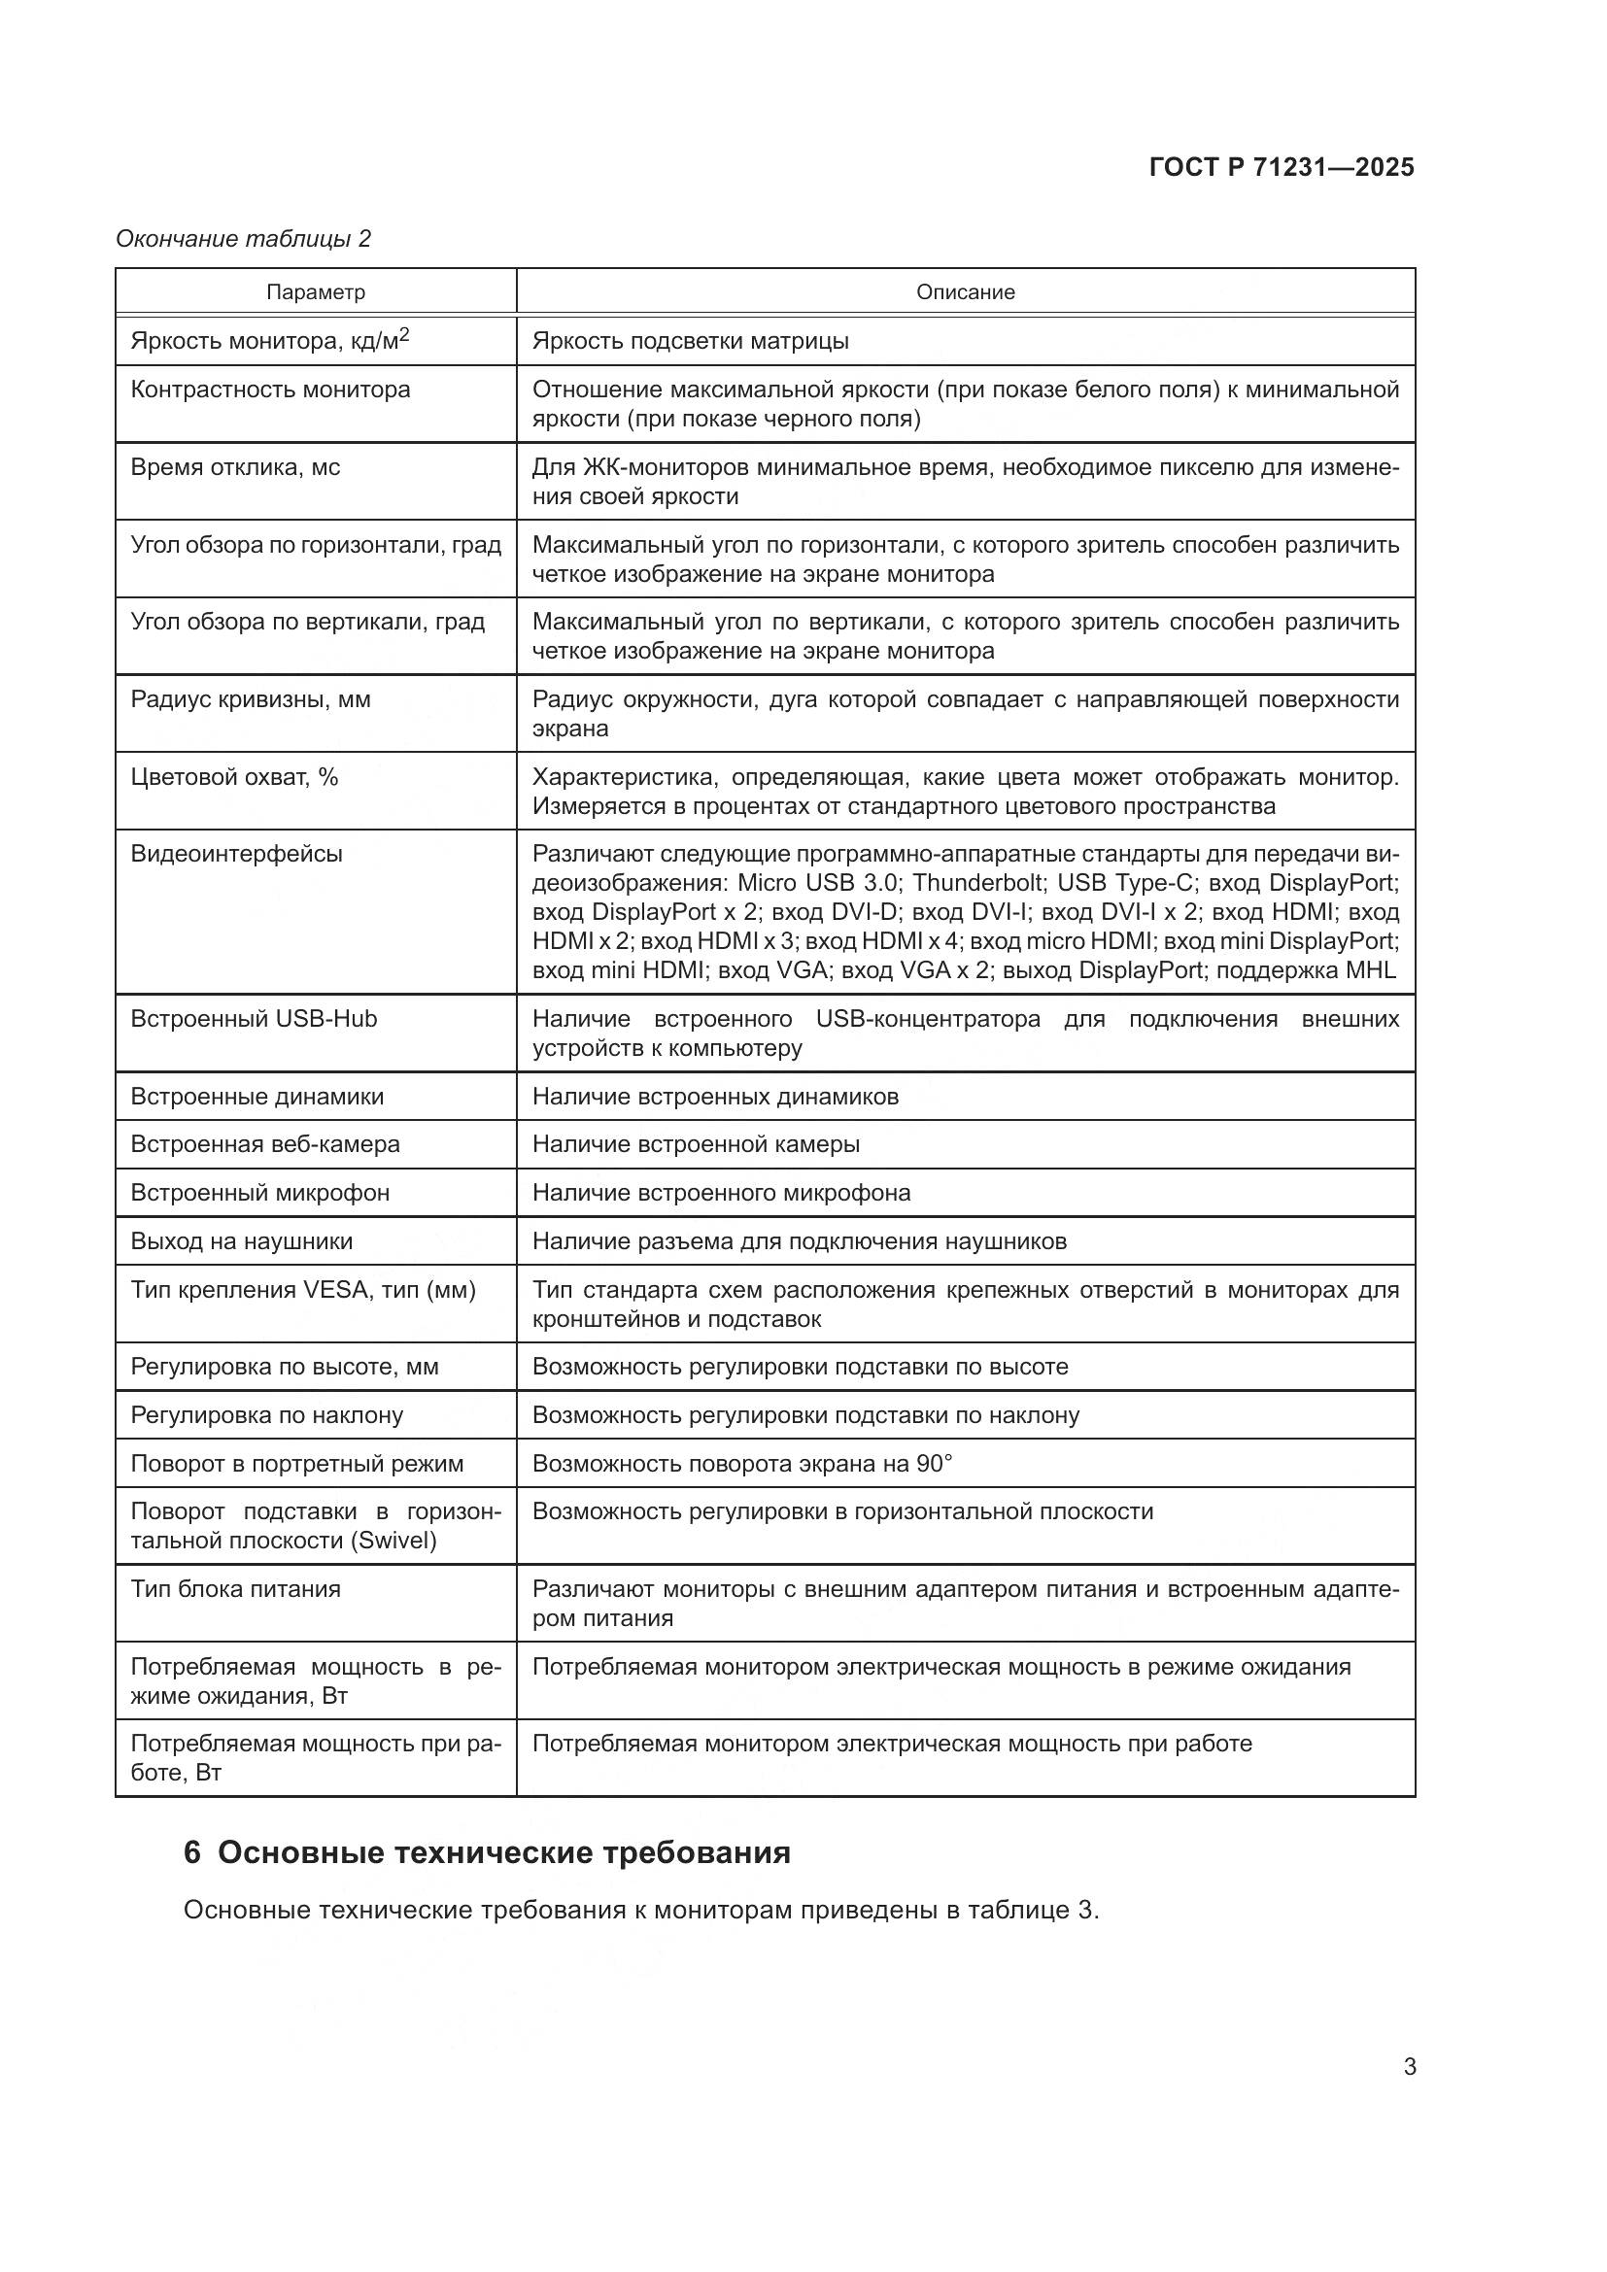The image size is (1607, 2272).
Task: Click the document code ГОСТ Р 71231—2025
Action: tap(1282, 167)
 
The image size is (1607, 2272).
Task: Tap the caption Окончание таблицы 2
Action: tap(244, 239)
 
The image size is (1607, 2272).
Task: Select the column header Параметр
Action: tap(316, 292)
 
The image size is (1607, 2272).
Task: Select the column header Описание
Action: tap(965, 292)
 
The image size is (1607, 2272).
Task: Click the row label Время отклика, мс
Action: tap(235, 467)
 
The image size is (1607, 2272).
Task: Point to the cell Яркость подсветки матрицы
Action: tap(690, 341)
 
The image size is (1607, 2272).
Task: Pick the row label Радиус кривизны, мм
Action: tap(251, 699)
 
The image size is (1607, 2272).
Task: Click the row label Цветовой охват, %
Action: tap(234, 777)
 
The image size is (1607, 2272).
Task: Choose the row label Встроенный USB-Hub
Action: tap(255, 1019)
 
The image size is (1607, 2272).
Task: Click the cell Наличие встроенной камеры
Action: tap(696, 1145)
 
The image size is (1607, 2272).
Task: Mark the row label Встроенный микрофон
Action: tap(260, 1194)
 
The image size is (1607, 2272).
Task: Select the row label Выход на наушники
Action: tap(242, 1242)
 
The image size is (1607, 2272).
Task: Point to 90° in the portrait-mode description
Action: tap(933, 1464)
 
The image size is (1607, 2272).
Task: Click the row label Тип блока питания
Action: tap(235, 1589)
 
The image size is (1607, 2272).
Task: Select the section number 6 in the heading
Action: tap(192, 1852)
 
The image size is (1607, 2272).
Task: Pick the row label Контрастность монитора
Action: tap(270, 390)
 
